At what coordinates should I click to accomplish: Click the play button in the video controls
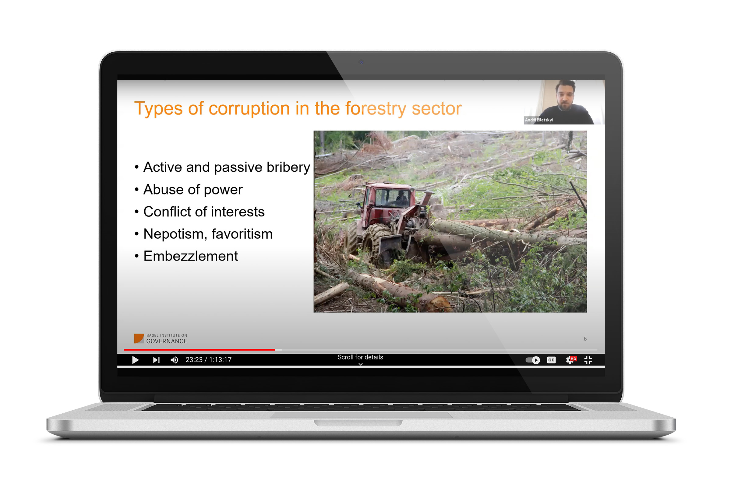tap(136, 360)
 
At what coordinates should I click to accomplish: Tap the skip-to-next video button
tap(156, 360)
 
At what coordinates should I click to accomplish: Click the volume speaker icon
tap(174, 360)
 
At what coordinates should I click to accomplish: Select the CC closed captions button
tap(551, 360)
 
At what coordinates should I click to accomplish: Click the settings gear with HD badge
tap(571, 360)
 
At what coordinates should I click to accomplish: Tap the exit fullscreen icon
tap(588, 360)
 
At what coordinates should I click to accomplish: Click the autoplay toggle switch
tap(533, 360)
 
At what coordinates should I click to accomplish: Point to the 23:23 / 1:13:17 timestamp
tap(209, 360)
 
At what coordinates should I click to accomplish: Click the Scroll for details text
tap(361, 357)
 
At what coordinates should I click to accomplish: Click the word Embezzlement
tap(191, 256)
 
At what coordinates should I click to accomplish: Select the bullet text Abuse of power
tap(193, 190)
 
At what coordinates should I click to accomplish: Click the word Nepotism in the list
tap(176, 234)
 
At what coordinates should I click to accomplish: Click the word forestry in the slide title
tap(376, 109)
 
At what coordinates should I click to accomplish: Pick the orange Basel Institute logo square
tap(139, 338)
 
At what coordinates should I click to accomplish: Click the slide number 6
tap(585, 339)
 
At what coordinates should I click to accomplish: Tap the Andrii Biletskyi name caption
tap(539, 120)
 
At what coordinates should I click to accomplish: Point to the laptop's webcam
tap(362, 62)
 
